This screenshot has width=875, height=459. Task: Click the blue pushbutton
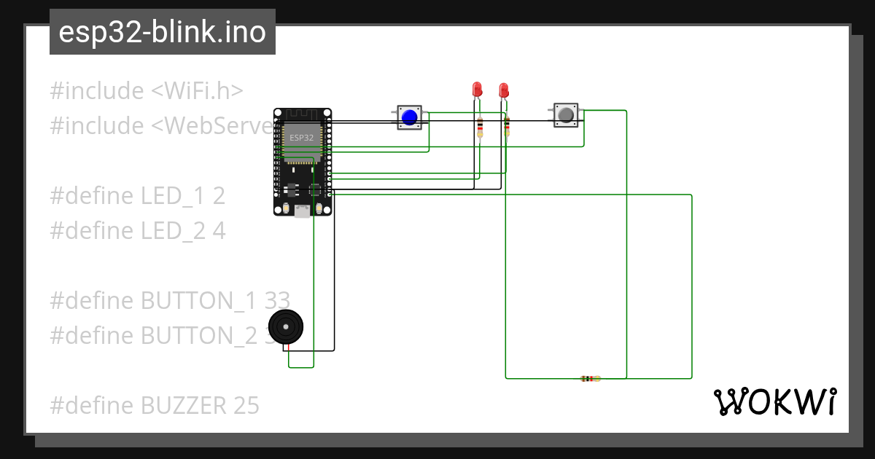click(410, 117)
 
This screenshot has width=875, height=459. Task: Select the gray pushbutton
click(566, 114)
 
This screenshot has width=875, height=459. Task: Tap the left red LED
click(477, 90)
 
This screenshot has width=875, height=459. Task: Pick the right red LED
click(503, 90)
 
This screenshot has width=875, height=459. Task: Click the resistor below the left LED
click(479, 129)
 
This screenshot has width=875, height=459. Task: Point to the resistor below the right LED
click(507, 128)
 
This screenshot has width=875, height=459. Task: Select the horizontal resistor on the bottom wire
click(590, 379)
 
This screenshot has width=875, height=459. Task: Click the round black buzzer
click(285, 327)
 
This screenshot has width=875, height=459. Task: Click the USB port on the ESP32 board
click(302, 211)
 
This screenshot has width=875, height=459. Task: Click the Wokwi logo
click(774, 402)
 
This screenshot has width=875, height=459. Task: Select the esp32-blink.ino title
click(162, 32)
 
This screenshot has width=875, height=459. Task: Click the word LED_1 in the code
click(174, 196)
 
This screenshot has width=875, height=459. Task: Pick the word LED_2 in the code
click(174, 231)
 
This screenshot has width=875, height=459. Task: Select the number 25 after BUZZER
click(246, 405)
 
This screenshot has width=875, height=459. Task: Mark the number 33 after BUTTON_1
click(277, 300)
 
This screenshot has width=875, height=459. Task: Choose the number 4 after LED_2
click(219, 231)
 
